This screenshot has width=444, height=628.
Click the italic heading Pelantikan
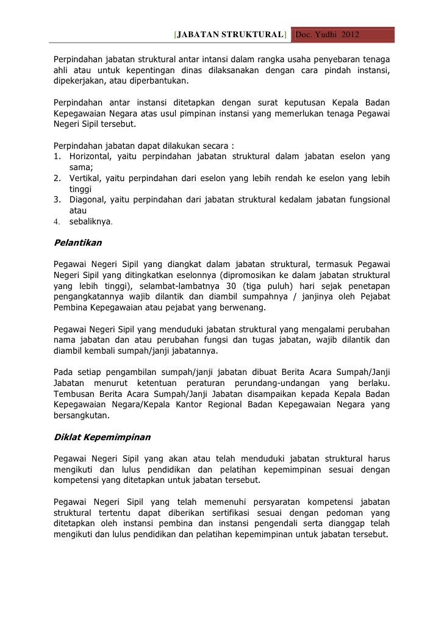point(77,242)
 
